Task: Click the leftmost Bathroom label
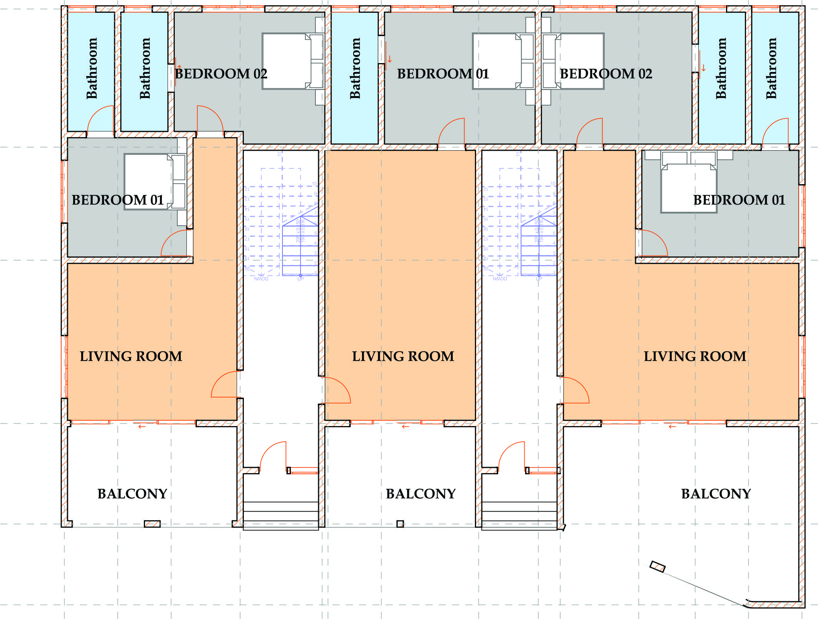[x=92, y=68]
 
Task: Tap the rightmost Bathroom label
[x=771, y=68]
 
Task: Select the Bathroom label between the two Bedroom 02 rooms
[x=355, y=68]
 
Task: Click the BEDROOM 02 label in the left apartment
[x=221, y=74]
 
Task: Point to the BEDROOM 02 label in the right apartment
[x=606, y=74]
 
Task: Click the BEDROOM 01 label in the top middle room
[x=443, y=74]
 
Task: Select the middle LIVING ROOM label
[x=403, y=357]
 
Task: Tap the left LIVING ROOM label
[x=131, y=357]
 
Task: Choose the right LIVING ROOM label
[x=695, y=357]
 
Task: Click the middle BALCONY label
[x=421, y=494]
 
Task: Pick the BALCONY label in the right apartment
[x=716, y=494]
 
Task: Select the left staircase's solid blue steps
[x=300, y=249]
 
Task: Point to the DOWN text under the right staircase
[x=500, y=279]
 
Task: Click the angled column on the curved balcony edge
[x=657, y=567]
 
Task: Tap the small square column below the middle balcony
[x=400, y=524]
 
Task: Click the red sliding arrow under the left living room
[x=141, y=426]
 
